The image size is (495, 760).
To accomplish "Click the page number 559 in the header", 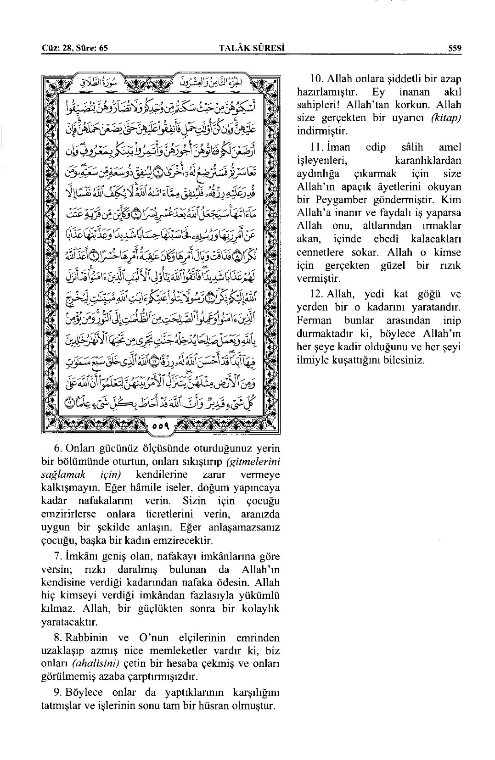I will pos(455,47).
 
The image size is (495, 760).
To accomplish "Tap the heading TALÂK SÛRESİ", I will pos(250,47).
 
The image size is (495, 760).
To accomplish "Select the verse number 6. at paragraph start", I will pos(58,448).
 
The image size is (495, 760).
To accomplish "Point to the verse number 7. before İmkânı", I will pos(58,557).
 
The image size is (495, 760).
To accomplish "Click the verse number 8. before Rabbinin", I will pos(58,638).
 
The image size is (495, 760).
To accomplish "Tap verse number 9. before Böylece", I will pos(58,692).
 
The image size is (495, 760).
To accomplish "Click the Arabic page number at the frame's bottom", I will pos(160,426).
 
